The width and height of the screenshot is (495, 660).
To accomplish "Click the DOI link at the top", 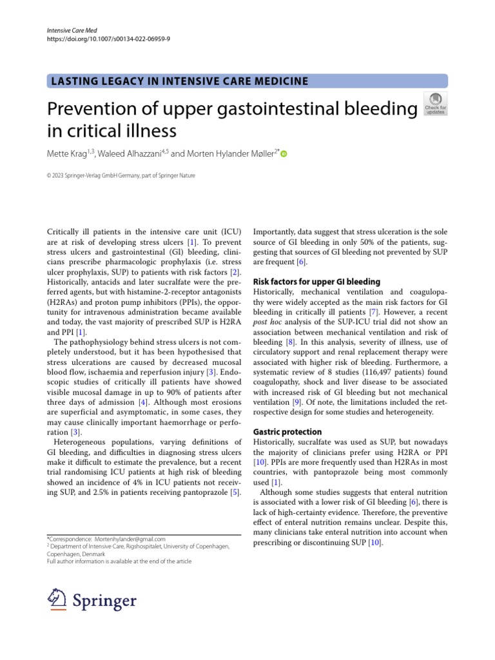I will pyautogui.click(x=109, y=39).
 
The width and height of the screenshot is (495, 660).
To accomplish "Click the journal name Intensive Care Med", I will pyautogui.click(x=72, y=30).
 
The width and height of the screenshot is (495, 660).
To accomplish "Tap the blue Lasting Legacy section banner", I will pyautogui.click(x=247, y=81).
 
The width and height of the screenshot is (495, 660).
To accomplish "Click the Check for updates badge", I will pyautogui.click(x=436, y=104).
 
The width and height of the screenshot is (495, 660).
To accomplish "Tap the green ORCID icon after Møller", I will pyautogui.click(x=284, y=154).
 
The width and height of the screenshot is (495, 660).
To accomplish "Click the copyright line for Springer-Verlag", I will pyautogui.click(x=122, y=175).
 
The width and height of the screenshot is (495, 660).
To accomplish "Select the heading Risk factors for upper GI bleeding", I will pyautogui.click(x=316, y=282).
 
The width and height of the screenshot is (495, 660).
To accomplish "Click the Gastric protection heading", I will pyautogui.click(x=287, y=431).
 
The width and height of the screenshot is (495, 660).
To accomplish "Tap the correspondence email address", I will pyautogui.click(x=130, y=539).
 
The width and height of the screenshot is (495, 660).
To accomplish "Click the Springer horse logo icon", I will pyautogui.click(x=59, y=599).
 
